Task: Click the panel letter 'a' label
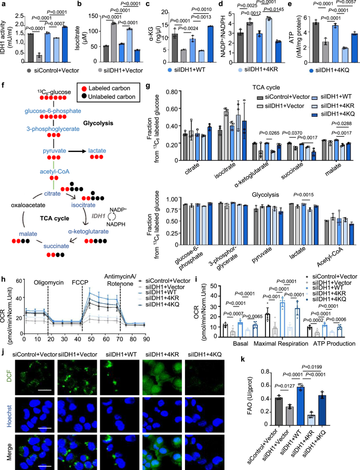[4, 4]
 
